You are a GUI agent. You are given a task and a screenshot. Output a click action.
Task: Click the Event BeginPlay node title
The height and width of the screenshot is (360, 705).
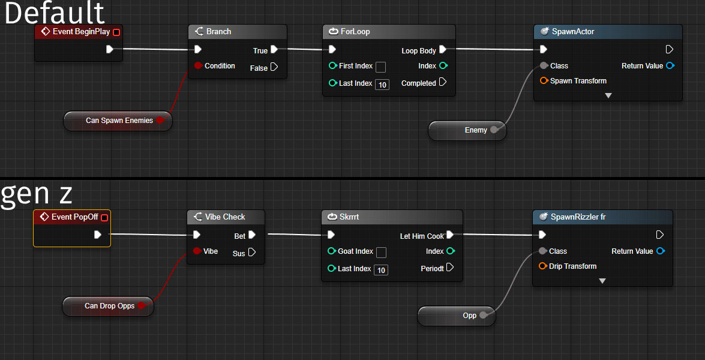click(81, 32)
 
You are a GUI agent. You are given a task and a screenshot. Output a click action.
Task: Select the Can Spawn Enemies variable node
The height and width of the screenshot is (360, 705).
click(118, 121)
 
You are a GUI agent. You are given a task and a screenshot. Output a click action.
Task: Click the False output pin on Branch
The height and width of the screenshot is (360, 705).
click(274, 67)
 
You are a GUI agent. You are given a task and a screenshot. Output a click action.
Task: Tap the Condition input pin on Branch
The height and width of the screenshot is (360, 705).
click(198, 66)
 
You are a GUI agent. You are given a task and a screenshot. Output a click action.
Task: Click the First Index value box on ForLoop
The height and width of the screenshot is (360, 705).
click(380, 67)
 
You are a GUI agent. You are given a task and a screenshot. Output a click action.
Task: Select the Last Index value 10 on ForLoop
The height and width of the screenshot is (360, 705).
click(382, 85)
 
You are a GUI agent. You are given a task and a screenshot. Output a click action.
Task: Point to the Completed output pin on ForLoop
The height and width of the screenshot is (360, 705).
click(443, 83)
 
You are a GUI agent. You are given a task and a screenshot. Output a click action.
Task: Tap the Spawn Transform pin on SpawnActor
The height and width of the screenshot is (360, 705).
click(544, 81)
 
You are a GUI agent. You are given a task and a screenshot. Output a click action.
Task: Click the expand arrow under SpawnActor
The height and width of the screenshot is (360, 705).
click(608, 95)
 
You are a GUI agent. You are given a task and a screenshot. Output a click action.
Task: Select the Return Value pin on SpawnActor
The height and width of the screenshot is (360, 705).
click(670, 66)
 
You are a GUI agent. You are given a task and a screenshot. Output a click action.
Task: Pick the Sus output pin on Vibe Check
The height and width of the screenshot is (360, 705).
click(253, 253)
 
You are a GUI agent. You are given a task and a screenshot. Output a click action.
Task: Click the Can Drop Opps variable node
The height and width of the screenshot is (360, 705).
click(108, 306)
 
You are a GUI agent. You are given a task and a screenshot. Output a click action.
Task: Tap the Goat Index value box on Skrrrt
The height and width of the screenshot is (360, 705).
click(380, 253)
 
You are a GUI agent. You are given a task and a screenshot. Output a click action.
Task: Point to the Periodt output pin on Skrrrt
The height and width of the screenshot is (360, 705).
click(450, 268)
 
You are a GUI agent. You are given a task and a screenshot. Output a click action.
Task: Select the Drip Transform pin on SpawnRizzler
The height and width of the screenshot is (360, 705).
click(543, 266)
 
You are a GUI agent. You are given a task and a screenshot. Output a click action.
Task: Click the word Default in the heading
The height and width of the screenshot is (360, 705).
click(54, 13)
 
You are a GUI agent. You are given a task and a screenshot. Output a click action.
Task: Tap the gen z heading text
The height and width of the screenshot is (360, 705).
click(36, 194)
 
